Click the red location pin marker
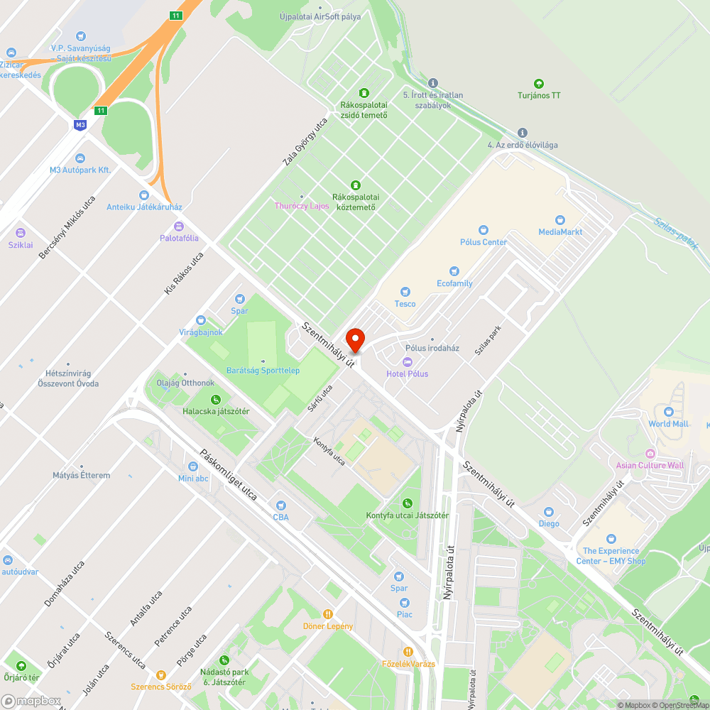click(x=354, y=339)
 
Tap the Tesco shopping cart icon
click(x=405, y=291)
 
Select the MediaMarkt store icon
click(x=560, y=220)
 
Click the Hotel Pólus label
click(x=407, y=373)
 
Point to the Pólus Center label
click(x=484, y=242)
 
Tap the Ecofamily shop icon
click(x=454, y=271)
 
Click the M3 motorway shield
click(x=80, y=124)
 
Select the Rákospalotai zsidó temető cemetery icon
click(x=364, y=93)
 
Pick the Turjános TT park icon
click(x=538, y=84)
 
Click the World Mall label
click(x=668, y=424)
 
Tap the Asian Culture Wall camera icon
click(x=650, y=453)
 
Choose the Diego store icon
click(x=548, y=512)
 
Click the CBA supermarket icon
click(x=281, y=506)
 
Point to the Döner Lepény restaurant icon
click(x=327, y=614)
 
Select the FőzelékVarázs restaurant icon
click(x=408, y=652)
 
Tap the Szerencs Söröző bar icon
click(x=161, y=675)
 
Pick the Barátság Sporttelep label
click(x=263, y=371)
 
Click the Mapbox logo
click(x=32, y=701)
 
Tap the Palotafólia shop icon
click(x=179, y=226)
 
